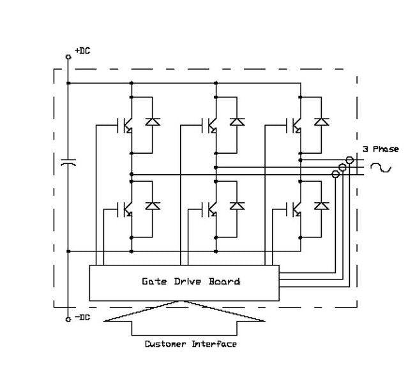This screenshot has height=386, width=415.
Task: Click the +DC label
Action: pos(82,50)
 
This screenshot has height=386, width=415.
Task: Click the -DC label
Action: pos(82,318)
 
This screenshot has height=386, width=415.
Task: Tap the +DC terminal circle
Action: pos(68,57)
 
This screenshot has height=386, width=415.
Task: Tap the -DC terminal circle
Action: pos(68,318)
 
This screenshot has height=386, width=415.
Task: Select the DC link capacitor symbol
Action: pos(68,163)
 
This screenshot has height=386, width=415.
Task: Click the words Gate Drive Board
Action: pos(190,281)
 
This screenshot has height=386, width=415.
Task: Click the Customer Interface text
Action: pos(190,344)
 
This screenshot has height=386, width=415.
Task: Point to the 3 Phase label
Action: pos(381,149)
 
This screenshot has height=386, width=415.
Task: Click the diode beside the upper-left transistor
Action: pos(153,121)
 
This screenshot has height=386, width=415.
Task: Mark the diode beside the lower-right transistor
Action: pos(322,205)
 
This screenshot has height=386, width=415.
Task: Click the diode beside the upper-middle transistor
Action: pos(238,121)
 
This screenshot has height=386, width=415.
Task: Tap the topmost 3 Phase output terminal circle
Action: pos(350,160)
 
